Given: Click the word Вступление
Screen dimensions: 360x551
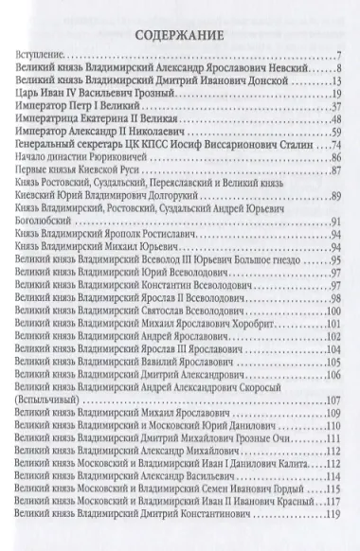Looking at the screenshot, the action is [x=44, y=62].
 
